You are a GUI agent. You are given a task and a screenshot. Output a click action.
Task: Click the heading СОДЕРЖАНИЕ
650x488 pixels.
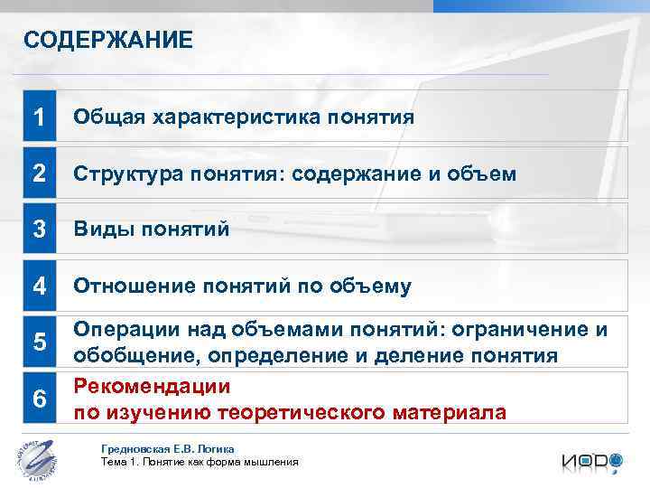coord(107,40)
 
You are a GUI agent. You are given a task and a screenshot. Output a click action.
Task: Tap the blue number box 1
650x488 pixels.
coord(39,117)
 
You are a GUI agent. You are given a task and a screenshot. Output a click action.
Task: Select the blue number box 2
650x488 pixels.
coord(39,174)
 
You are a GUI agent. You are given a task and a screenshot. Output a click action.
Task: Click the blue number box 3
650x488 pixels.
coord(39,230)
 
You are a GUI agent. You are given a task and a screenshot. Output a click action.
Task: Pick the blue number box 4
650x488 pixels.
coord(39,286)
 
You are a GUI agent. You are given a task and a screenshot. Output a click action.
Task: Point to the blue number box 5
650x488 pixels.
coord(39,343)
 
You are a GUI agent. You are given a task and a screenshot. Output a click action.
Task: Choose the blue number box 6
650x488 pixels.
coord(39,399)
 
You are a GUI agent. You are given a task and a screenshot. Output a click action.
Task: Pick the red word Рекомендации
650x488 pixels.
coord(152,387)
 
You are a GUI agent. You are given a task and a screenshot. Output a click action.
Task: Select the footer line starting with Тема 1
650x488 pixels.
coord(199,463)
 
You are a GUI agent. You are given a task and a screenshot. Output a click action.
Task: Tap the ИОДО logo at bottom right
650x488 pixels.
coord(591,461)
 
